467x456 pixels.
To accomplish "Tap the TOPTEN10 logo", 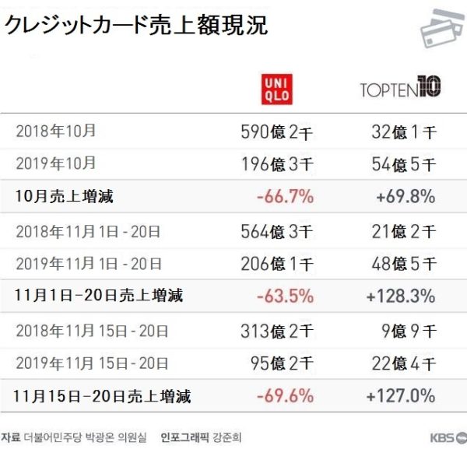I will point(401,86).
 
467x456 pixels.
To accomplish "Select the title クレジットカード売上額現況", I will point(136,26).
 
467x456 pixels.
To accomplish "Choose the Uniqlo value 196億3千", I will point(277,163).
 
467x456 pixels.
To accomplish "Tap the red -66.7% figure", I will point(285,196).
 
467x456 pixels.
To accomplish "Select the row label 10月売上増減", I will point(64,196).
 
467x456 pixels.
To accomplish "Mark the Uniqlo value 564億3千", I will point(277,230).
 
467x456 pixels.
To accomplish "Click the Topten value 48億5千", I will point(403,263).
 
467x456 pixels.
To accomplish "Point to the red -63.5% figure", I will point(285,296).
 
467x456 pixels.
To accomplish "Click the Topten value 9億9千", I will point(408,330).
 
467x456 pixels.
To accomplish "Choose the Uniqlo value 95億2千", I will point(282,363).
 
